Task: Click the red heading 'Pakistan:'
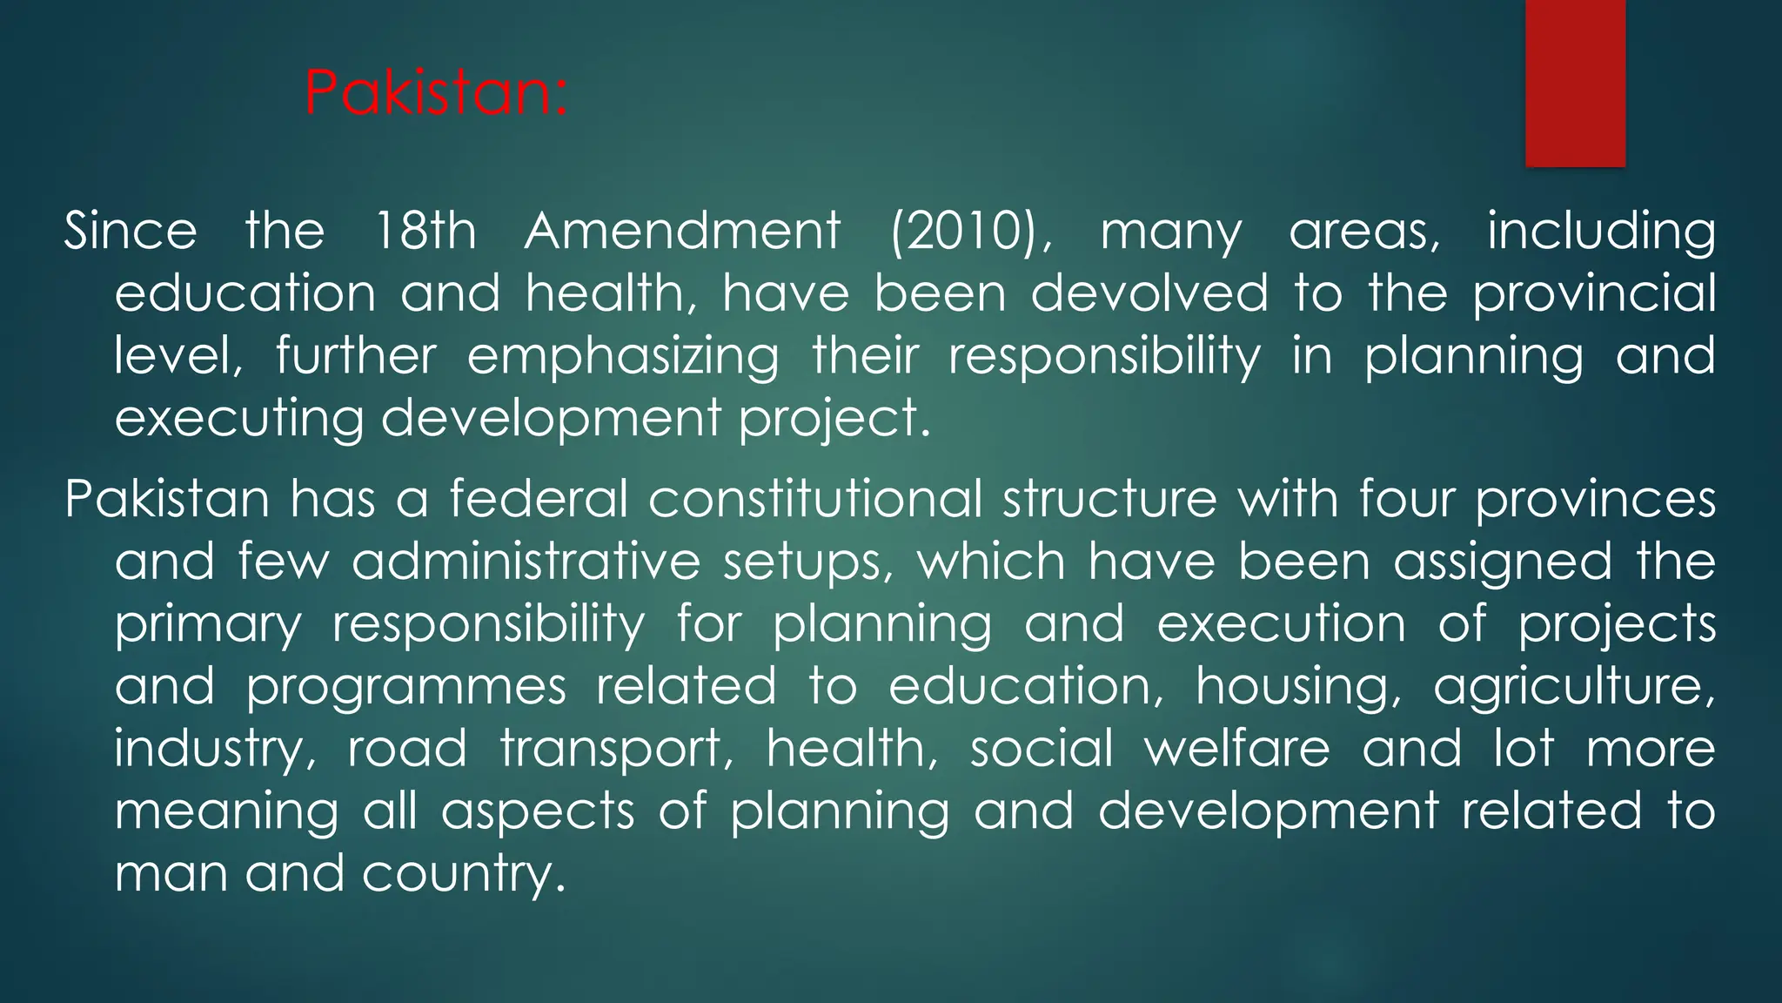(436, 93)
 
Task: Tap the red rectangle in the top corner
(1575, 83)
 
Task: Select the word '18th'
(425, 232)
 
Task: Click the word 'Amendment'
(682, 232)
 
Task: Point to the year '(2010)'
(969, 232)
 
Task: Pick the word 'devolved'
(1149, 293)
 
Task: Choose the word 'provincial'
(1593, 293)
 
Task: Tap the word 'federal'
(538, 499)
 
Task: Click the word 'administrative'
(526, 562)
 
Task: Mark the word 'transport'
(616, 750)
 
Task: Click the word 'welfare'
(1236, 749)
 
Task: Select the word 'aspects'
(538, 812)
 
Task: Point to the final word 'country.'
(464, 873)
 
